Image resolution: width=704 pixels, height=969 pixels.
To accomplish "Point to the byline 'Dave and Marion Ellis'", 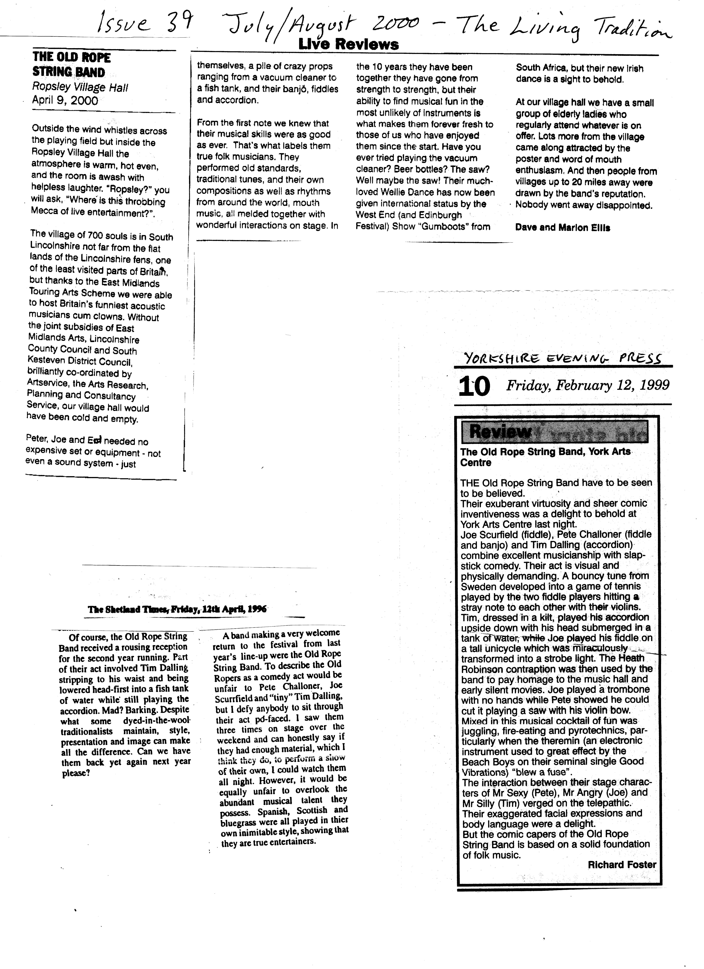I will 563,228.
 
